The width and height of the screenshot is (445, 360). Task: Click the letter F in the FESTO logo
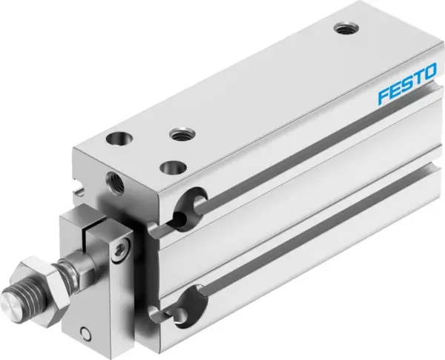click(x=383, y=97)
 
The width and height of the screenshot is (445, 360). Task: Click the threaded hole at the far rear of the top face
click(x=343, y=29)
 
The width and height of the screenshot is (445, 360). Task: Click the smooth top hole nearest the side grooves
click(x=173, y=167)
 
